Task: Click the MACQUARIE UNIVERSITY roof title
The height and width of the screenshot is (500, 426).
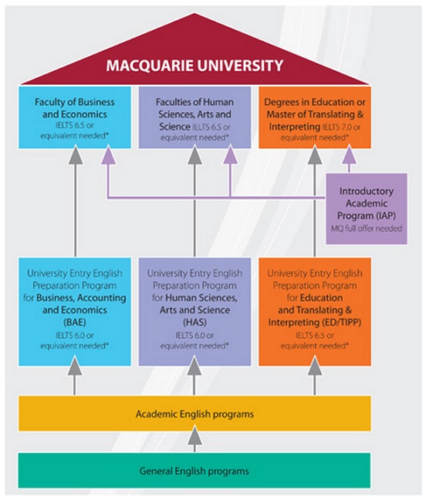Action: coord(194,66)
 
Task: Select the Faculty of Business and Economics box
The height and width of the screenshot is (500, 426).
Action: coord(75,117)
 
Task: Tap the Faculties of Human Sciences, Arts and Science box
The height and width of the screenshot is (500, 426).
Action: coord(194,117)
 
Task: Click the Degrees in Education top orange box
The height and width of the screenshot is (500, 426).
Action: coord(315,117)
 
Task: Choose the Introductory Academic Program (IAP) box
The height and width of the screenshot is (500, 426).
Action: coord(367,209)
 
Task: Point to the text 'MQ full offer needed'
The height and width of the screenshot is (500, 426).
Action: coord(367,228)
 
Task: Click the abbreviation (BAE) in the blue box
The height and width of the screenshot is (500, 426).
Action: coord(75,322)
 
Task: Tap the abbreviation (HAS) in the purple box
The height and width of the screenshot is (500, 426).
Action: coord(194,322)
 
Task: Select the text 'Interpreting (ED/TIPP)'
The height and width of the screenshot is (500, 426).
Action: coord(315,322)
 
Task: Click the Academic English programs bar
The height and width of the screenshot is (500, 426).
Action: coord(194,414)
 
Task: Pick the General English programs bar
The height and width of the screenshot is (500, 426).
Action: coord(194,471)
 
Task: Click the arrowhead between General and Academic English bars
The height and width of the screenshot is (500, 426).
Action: coord(194,437)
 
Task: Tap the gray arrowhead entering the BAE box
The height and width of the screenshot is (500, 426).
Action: coord(75,366)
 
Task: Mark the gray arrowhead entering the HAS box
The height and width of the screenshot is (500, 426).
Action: coord(194,366)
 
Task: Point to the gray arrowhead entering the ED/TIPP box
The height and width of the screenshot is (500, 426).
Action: coord(315,366)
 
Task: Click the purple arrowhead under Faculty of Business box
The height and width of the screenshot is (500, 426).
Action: coord(108,154)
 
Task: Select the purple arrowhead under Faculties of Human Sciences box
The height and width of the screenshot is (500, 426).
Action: coord(230,154)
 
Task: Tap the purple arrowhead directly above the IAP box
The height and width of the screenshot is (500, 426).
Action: coord(349,154)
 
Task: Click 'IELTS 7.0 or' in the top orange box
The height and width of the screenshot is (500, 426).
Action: coord(341,127)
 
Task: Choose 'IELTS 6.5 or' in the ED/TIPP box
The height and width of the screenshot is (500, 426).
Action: coord(315,336)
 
